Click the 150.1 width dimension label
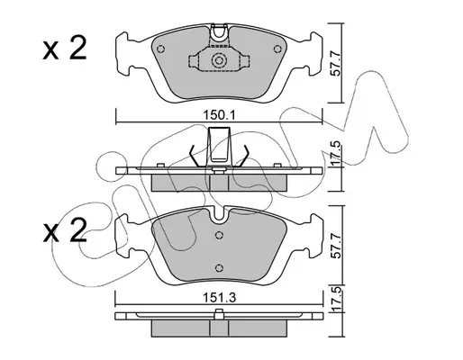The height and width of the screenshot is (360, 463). click(220, 115)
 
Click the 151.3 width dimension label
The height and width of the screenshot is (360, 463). click(220, 298)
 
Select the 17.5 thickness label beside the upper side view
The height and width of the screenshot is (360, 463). click(336, 153)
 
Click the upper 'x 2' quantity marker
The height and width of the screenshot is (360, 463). click(65, 48)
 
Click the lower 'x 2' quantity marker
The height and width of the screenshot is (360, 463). click(65, 230)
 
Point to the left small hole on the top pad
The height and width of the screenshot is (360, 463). click(161, 49)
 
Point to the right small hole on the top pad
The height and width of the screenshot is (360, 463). click(277, 49)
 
